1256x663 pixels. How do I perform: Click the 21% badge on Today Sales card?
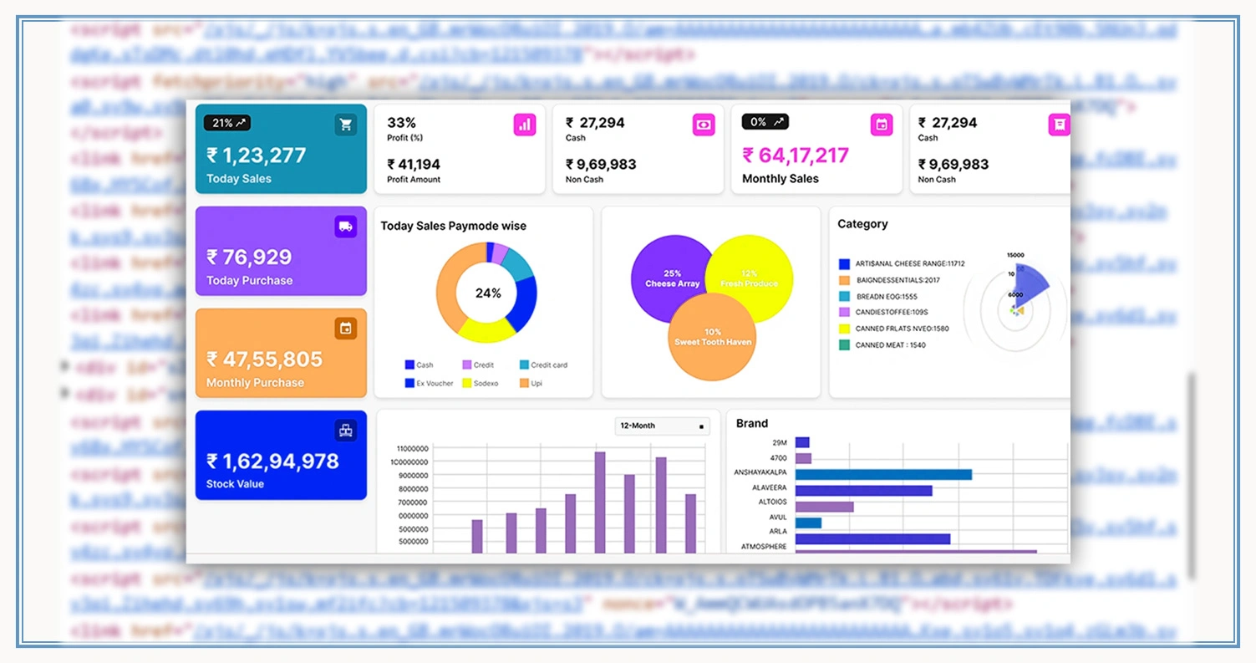(227, 123)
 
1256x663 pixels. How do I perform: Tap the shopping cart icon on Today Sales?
(345, 125)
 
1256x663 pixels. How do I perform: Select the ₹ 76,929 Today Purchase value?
(249, 258)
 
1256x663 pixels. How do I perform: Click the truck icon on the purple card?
(345, 227)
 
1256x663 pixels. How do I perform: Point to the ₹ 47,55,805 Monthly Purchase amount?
(264, 360)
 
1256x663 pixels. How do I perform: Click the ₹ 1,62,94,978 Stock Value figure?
(272, 462)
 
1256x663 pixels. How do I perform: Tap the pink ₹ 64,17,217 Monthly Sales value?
(795, 156)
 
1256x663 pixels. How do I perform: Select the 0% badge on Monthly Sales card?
(765, 122)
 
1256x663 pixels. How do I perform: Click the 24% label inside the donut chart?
(488, 293)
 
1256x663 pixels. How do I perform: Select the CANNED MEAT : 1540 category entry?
(890, 344)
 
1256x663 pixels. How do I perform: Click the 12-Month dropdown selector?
(663, 426)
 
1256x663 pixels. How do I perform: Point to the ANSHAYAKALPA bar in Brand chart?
(883, 474)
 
